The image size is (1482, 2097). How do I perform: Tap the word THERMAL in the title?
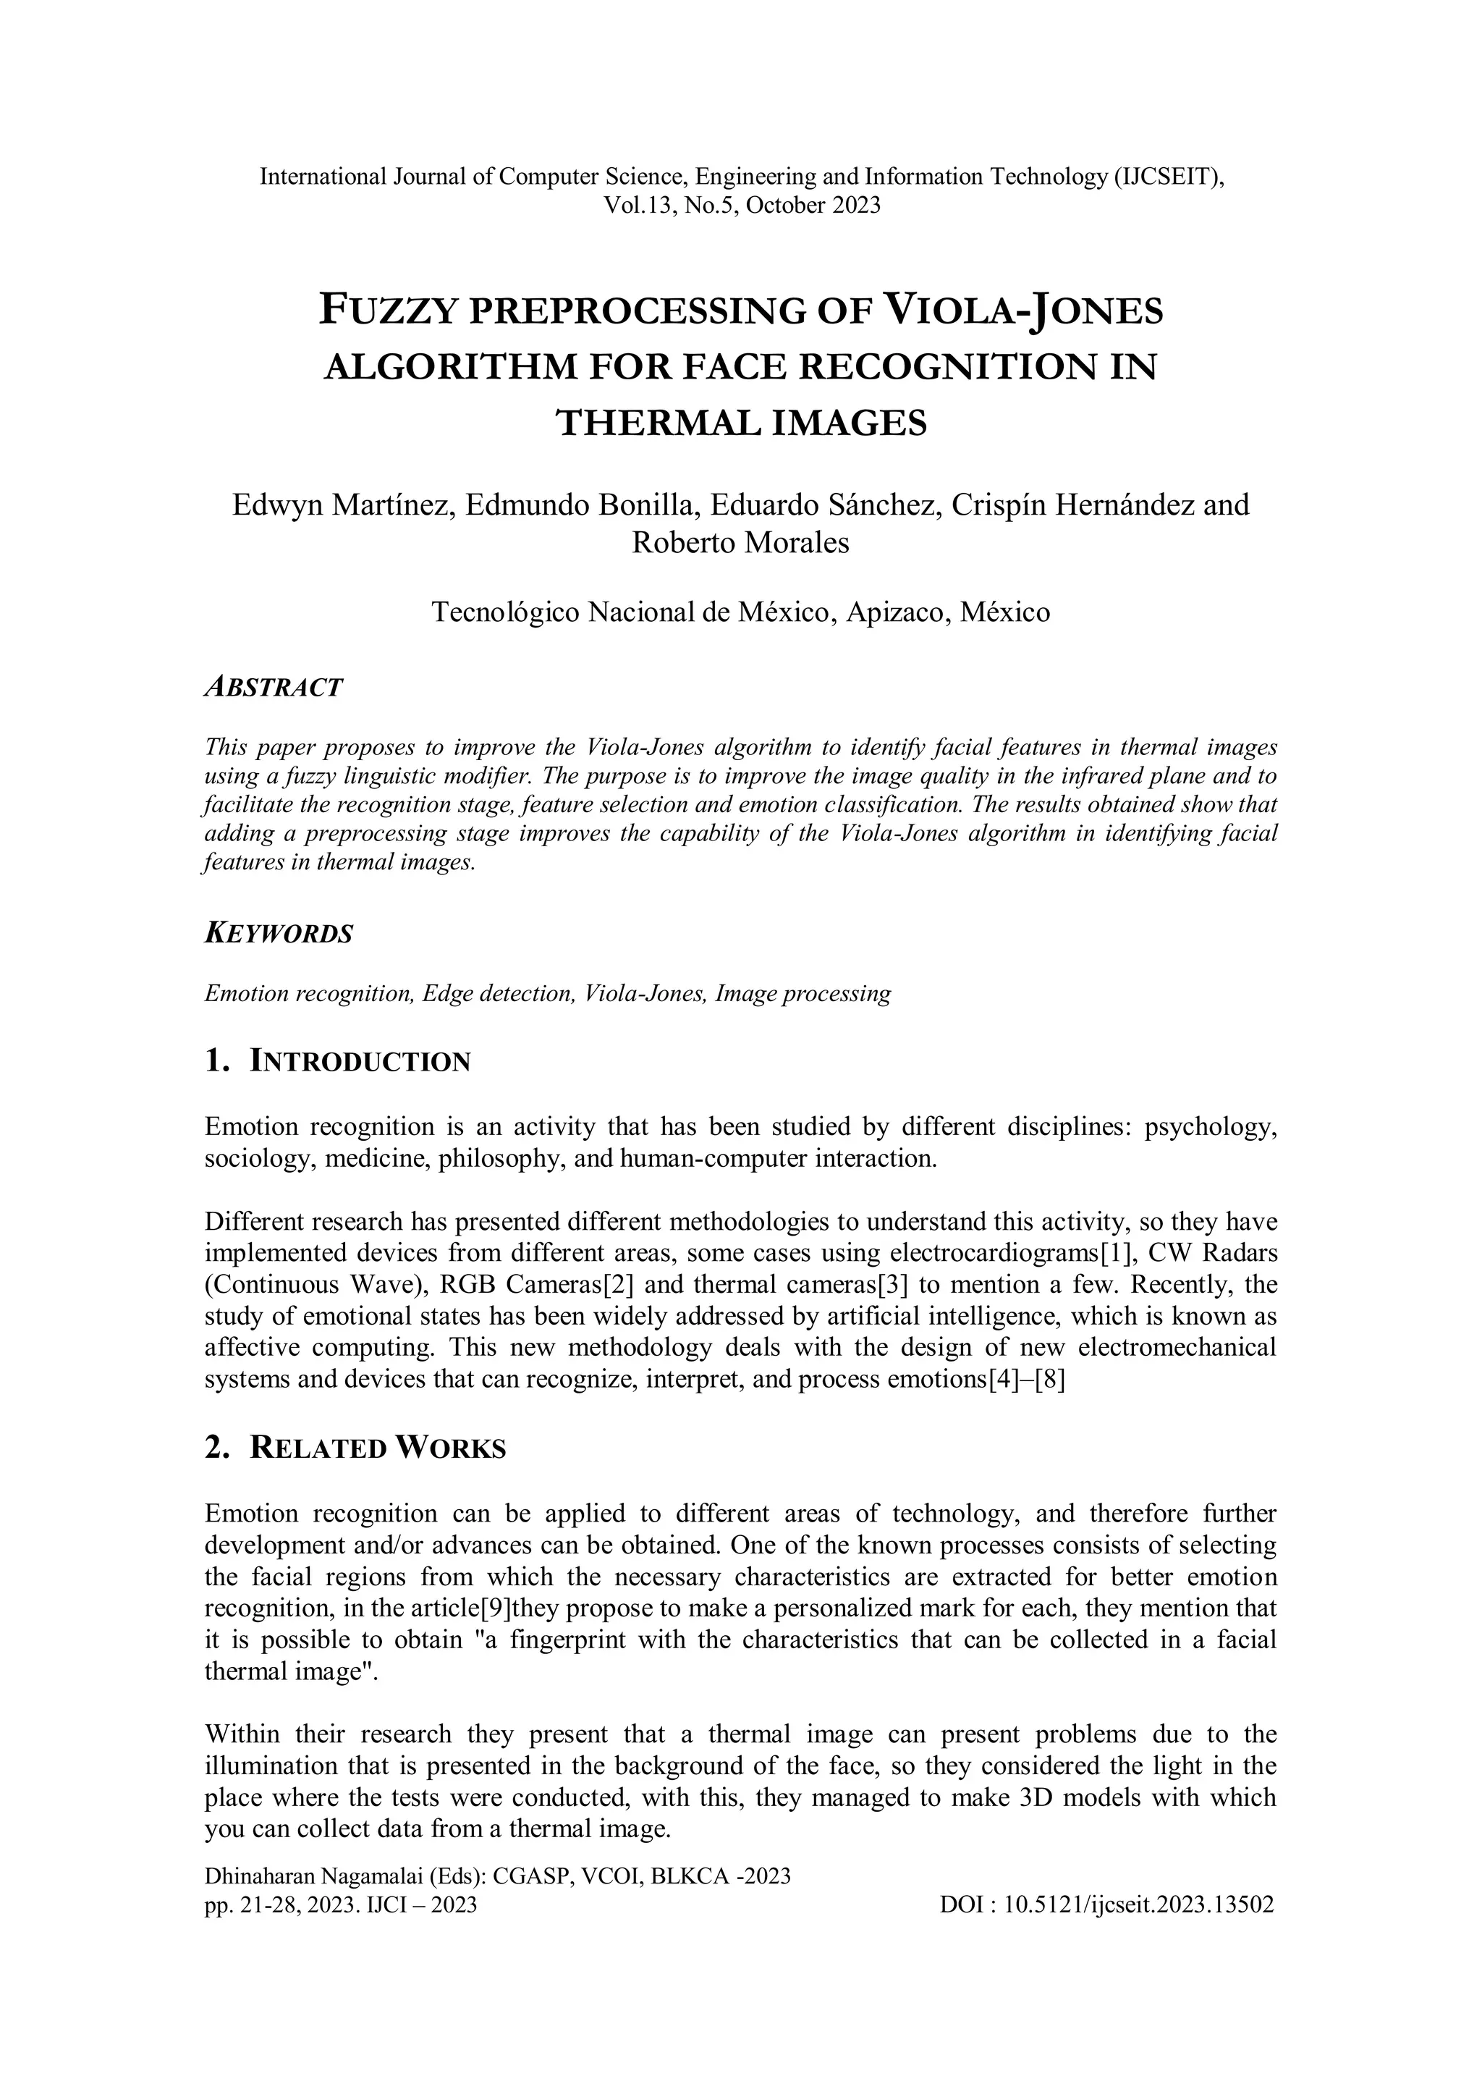coord(658,423)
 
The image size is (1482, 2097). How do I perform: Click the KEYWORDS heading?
coord(279,934)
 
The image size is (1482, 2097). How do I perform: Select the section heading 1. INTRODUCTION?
coord(338,1061)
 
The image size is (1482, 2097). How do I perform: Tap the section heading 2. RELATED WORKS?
coord(355,1448)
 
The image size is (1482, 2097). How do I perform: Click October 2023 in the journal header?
coord(813,205)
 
